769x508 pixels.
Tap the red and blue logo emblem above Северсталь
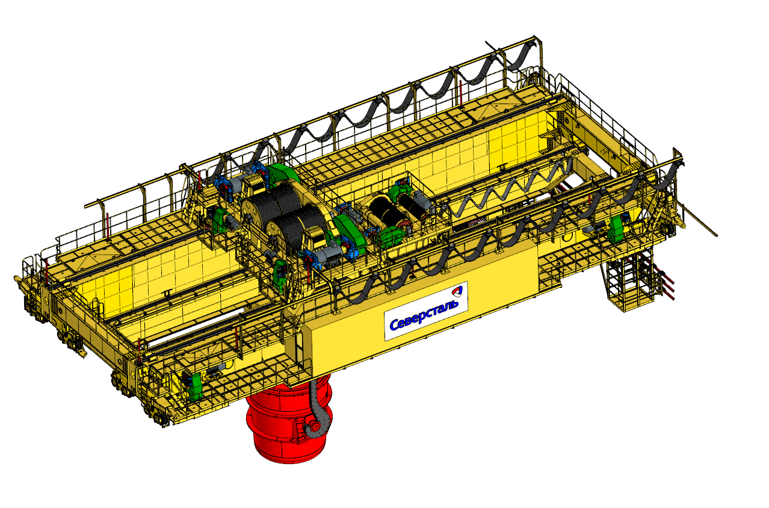click(x=457, y=291)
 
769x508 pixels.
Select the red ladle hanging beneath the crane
click(x=289, y=418)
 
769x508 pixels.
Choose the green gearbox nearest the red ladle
click(x=196, y=387)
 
